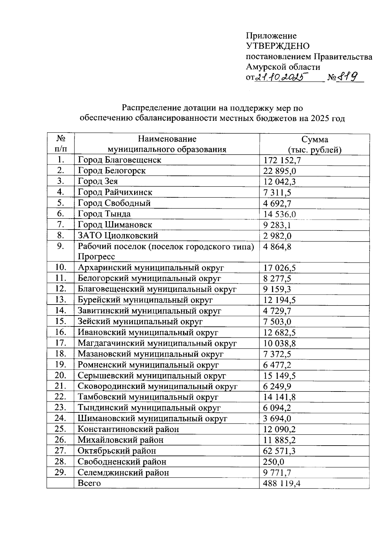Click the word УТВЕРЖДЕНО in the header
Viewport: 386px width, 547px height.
tap(278, 46)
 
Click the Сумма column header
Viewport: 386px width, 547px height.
tap(315, 139)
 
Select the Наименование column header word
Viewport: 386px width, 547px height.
tap(167, 139)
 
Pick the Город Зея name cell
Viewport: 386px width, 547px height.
tap(98, 181)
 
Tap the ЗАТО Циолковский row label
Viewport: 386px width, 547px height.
tap(118, 235)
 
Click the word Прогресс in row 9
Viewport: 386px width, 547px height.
tap(96, 257)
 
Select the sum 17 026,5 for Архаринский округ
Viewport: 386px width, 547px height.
tap(280, 268)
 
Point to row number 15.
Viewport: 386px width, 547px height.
tap(60, 321)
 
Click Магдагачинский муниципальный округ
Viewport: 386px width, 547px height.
tap(157, 343)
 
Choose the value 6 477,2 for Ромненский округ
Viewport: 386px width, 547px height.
tap(277, 365)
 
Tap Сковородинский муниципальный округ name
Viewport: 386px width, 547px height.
tap(157, 386)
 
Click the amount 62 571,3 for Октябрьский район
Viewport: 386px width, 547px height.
tap(279, 451)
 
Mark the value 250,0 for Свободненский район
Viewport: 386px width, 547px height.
tap(273, 462)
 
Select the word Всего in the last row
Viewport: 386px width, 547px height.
tap(89, 483)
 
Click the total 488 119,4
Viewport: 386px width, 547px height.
tap(281, 483)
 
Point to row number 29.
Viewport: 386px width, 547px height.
tap(60, 472)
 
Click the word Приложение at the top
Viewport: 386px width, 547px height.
tap(271, 36)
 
